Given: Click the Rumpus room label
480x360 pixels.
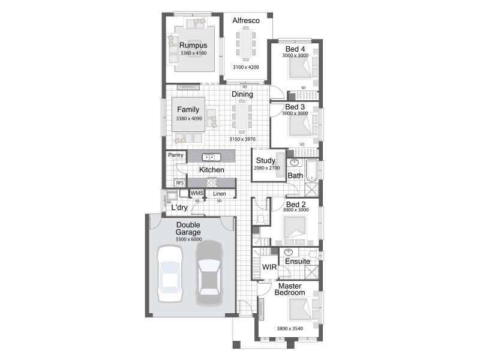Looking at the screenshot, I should click(193, 46).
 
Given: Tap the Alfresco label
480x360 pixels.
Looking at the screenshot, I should click(245, 21).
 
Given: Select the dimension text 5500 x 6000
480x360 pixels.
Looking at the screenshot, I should click(188, 239).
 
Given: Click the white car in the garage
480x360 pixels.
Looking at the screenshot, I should click(170, 273).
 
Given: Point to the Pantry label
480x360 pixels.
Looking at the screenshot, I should click(176, 155).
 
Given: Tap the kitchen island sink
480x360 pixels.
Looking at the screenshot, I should click(211, 157).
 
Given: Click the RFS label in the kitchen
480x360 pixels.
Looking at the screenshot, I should click(179, 183).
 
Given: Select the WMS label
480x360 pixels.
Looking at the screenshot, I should click(197, 193).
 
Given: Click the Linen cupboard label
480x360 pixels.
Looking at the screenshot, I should click(220, 193).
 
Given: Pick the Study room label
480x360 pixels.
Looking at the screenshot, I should click(265, 161).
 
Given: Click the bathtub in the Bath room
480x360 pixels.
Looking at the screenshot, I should click(311, 170).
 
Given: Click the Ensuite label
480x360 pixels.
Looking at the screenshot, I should click(298, 262).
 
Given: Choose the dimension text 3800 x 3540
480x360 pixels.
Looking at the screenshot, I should click(288, 329).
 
